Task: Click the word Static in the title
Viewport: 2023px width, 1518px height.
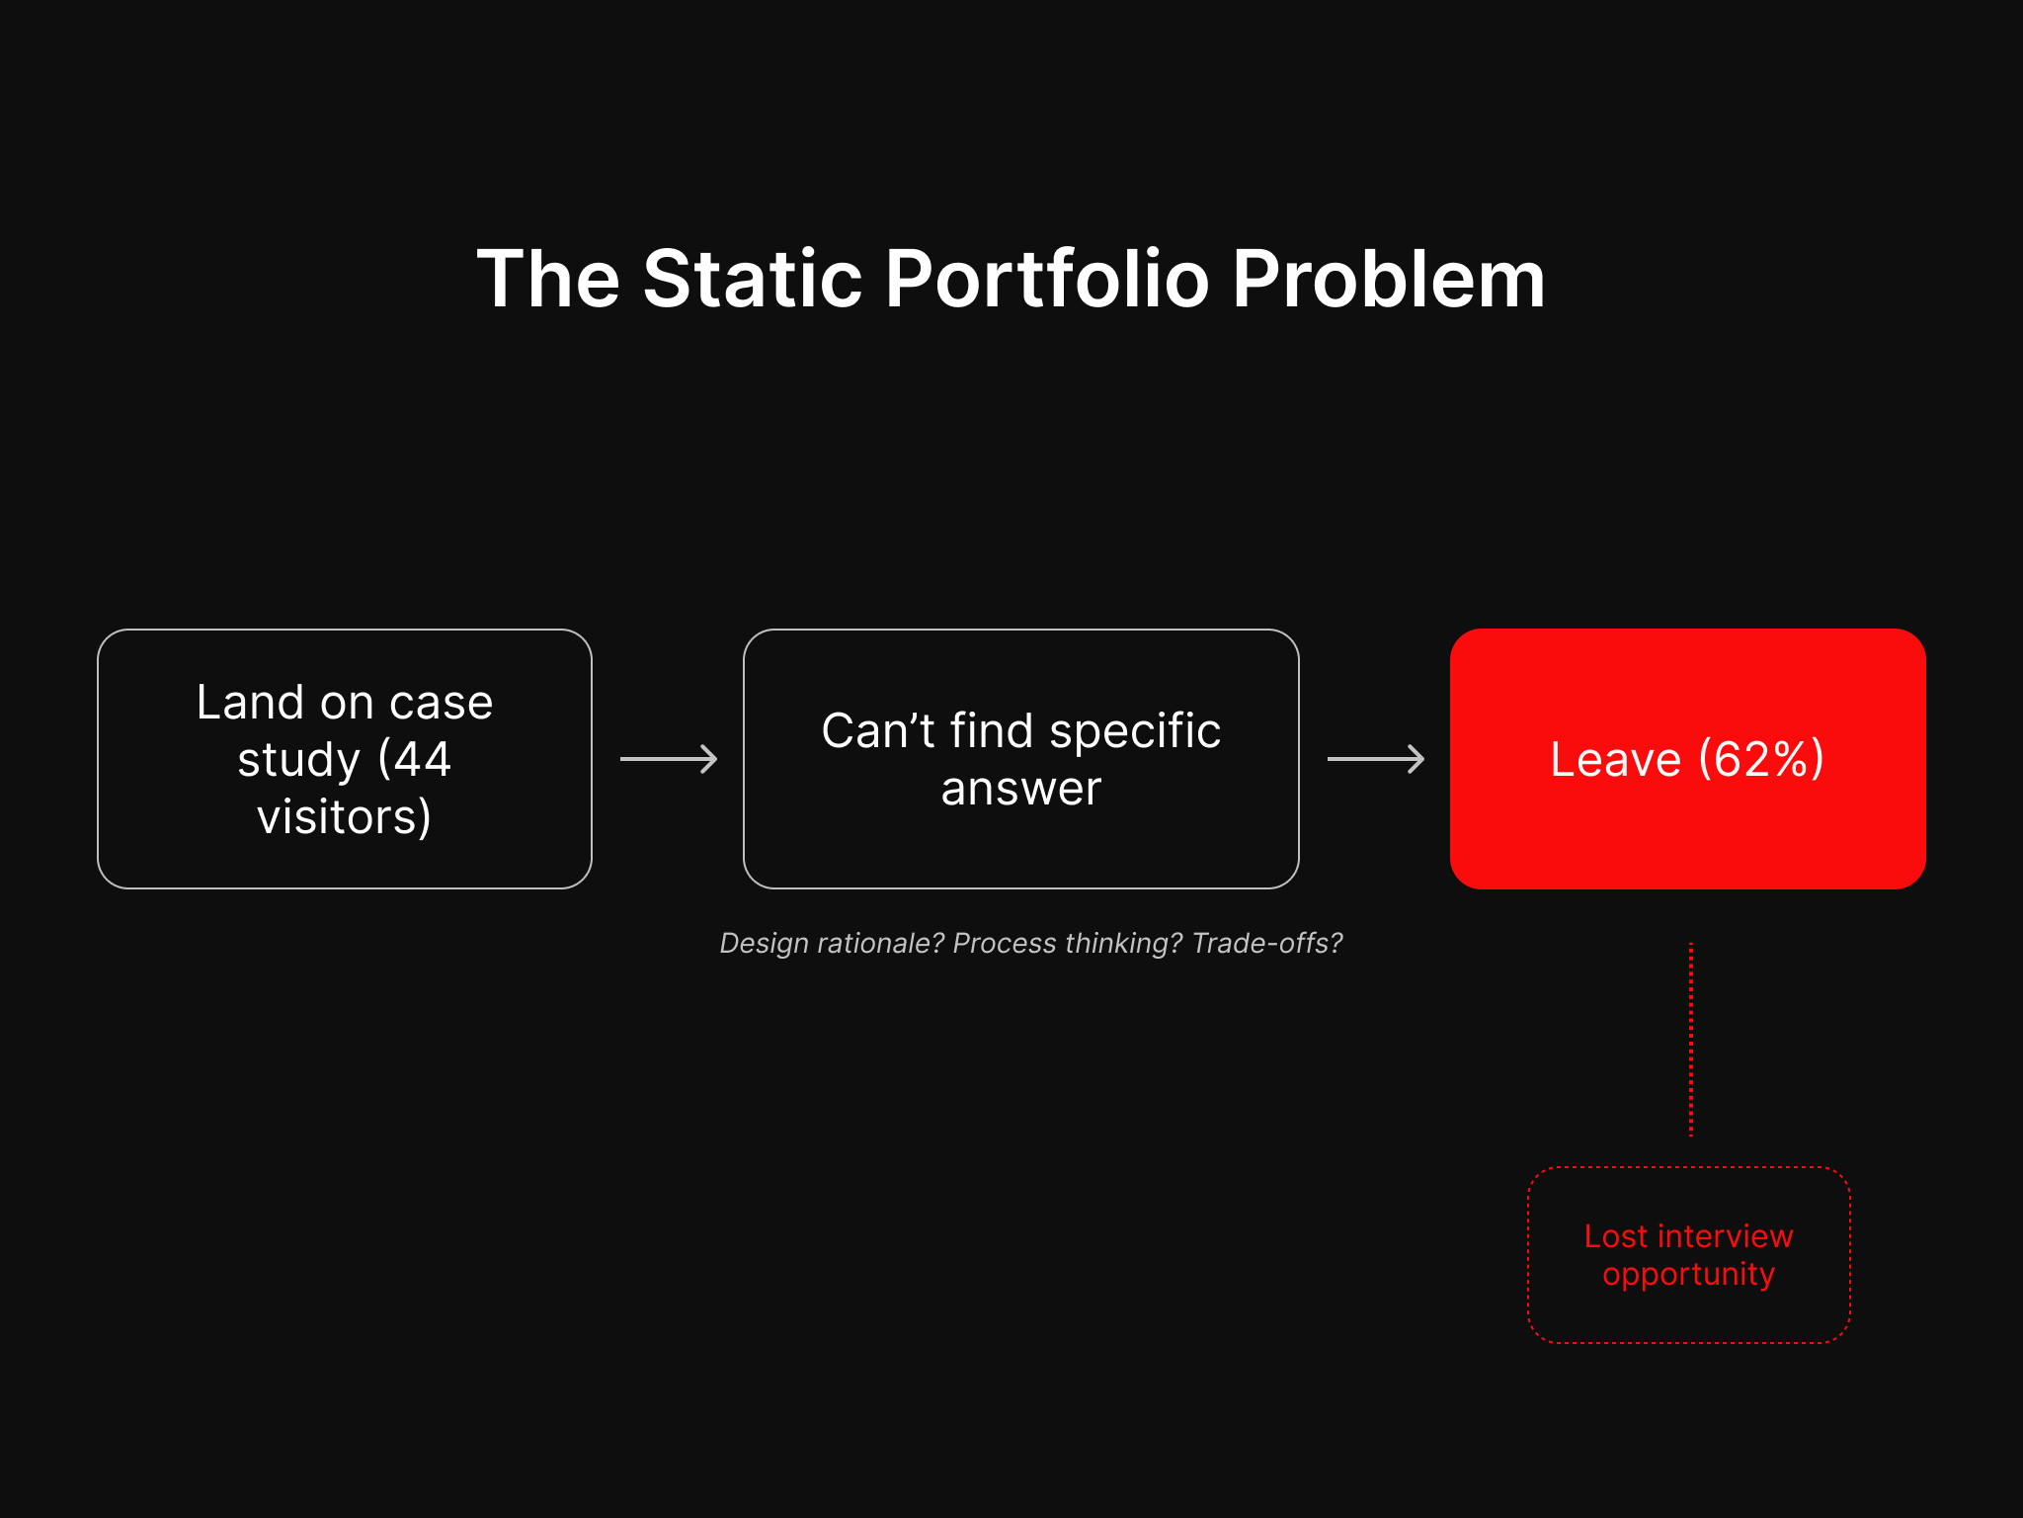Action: pos(753,280)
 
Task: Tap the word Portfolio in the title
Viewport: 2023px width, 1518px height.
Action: pos(1046,280)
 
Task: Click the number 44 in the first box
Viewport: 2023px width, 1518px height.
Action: pos(422,759)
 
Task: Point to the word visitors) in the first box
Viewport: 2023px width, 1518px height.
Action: pos(344,817)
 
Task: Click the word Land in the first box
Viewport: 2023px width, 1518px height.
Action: pos(250,703)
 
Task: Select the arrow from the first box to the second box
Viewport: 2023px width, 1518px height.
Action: pos(668,759)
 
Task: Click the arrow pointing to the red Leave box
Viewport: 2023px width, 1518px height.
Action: pos(1375,759)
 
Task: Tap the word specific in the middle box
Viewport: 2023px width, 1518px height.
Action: pos(1135,731)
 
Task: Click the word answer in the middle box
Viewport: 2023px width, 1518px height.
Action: pos(1020,789)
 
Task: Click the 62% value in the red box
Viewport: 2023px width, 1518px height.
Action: pos(1761,759)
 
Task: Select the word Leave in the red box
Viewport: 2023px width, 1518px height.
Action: pos(1615,759)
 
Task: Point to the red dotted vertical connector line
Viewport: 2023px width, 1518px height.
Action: pos(1691,1038)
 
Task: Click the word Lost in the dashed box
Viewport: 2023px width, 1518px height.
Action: pos(1616,1236)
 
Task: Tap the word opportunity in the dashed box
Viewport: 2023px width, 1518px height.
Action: pos(1688,1275)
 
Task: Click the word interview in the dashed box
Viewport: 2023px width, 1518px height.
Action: pos(1725,1236)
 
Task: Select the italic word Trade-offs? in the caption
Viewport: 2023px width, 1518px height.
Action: pos(1266,943)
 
